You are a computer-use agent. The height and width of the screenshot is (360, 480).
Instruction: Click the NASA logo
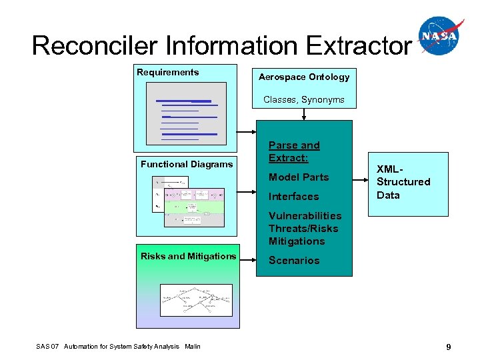click(441, 36)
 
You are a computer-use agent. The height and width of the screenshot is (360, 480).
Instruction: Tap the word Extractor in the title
click(359, 45)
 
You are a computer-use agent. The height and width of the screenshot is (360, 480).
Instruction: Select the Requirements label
click(167, 72)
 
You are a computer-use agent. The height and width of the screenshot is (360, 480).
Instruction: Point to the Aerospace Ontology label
click(304, 77)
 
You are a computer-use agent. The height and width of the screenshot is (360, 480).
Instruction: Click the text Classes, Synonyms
click(304, 99)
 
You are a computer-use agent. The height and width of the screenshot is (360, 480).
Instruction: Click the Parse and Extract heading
click(294, 151)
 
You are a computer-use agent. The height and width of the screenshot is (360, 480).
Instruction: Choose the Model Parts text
click(299, 177)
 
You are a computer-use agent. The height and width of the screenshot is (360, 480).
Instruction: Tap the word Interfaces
click(293, 197)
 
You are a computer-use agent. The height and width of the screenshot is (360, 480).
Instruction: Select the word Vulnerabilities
click(305, 215)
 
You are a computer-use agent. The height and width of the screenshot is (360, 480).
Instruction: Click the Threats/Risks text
click(303, 229)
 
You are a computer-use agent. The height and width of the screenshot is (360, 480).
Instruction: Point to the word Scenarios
click(294, 261)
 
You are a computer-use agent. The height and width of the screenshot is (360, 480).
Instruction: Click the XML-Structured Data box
click(408, 182)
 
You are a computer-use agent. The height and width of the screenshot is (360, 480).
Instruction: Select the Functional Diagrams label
click(187, 164)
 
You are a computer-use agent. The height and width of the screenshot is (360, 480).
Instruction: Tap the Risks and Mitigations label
click(188, 256)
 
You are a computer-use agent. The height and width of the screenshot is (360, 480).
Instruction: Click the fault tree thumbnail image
click(196, 300)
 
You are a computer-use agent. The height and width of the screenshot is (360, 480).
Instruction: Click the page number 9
click(449, 347)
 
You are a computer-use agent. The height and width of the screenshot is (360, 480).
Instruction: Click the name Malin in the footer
click(193, 346)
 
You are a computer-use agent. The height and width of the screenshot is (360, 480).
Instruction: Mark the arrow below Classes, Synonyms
click(304, 114)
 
